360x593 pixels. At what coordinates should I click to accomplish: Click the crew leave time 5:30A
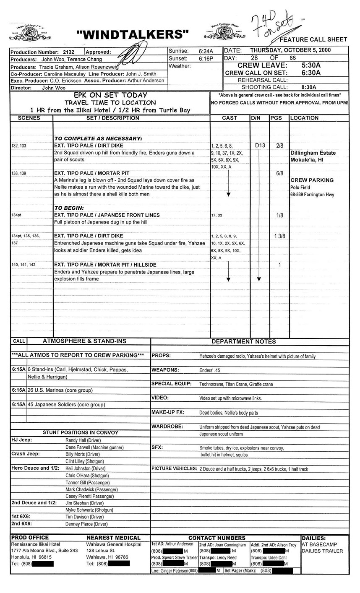pos(311,65)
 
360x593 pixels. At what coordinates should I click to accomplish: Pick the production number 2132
pos(68,52)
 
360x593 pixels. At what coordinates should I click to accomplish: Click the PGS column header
pos(276,118)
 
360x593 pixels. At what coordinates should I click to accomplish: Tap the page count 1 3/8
pos(279,236)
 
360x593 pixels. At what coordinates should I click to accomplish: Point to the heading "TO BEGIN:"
pos(69,208)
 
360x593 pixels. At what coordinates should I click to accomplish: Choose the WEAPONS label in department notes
pos(165,370)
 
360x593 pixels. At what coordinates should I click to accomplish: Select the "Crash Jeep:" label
pos(26,454)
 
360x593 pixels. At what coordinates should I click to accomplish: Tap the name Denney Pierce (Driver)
pos(86,524)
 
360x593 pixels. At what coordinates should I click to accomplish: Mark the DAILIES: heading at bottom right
pos(313,538)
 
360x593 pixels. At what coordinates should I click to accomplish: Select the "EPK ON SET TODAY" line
pos(110,95)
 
